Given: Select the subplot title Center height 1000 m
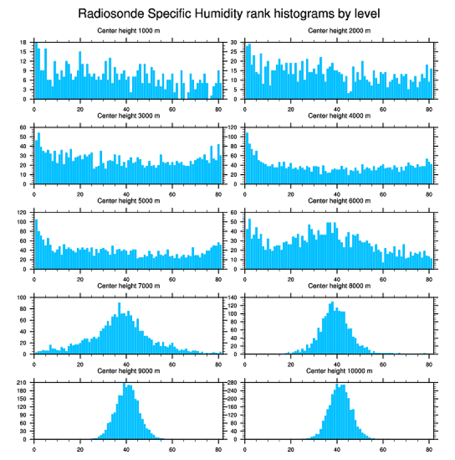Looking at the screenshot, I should click(x=128, y=31).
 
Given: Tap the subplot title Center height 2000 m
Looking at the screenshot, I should click(x=339, y=31).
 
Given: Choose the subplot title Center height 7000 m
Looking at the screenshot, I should click(x=128, y=285).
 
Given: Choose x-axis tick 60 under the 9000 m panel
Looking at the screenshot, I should click(x=172, y=447).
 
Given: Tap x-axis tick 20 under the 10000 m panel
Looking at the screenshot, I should click(x=291, y=447).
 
